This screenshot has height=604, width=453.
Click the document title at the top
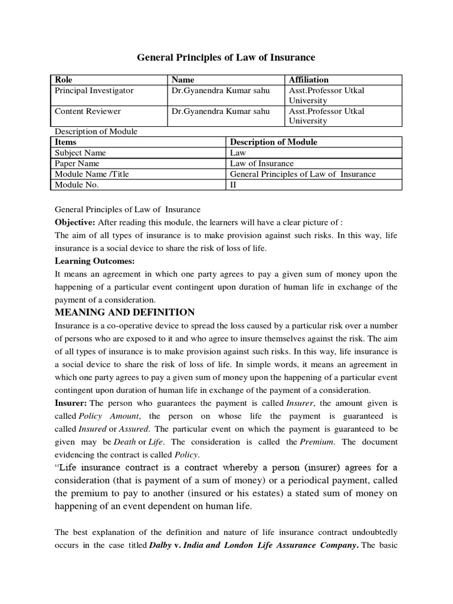pos(226,57)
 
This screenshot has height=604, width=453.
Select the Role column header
pos(64,80)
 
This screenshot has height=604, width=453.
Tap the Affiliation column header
pos(308,80)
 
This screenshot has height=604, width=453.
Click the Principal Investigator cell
pos(94,91)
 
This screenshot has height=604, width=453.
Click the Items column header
pos(65,142)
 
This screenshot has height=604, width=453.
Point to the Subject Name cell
pos(80,153)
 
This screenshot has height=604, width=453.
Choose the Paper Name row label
pos(77,163)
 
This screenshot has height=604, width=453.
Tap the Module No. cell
pos(77,185)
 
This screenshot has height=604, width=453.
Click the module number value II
pos(233,185)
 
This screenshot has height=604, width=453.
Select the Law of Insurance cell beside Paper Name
pos(261,163)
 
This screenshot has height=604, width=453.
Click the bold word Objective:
pos(75,222)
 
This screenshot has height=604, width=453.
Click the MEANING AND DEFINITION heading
pos(124,313)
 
